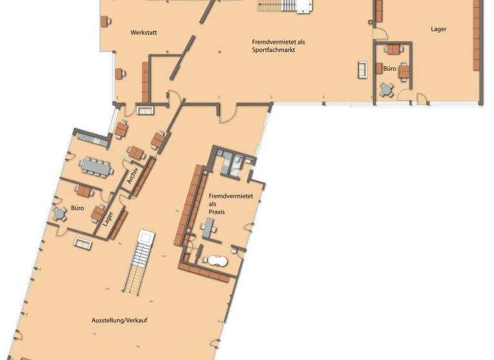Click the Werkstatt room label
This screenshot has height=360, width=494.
point(144,32)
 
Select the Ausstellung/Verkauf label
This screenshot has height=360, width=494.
point(120,319)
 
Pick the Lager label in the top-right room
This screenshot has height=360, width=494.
point(439,30)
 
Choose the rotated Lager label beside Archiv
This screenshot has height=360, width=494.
point(109,219)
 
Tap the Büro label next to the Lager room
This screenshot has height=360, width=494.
point(389,67)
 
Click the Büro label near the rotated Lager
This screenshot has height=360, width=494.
point(78,208)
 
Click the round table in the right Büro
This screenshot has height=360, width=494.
point(386,89)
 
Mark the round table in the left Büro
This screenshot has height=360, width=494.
point(60,213)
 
